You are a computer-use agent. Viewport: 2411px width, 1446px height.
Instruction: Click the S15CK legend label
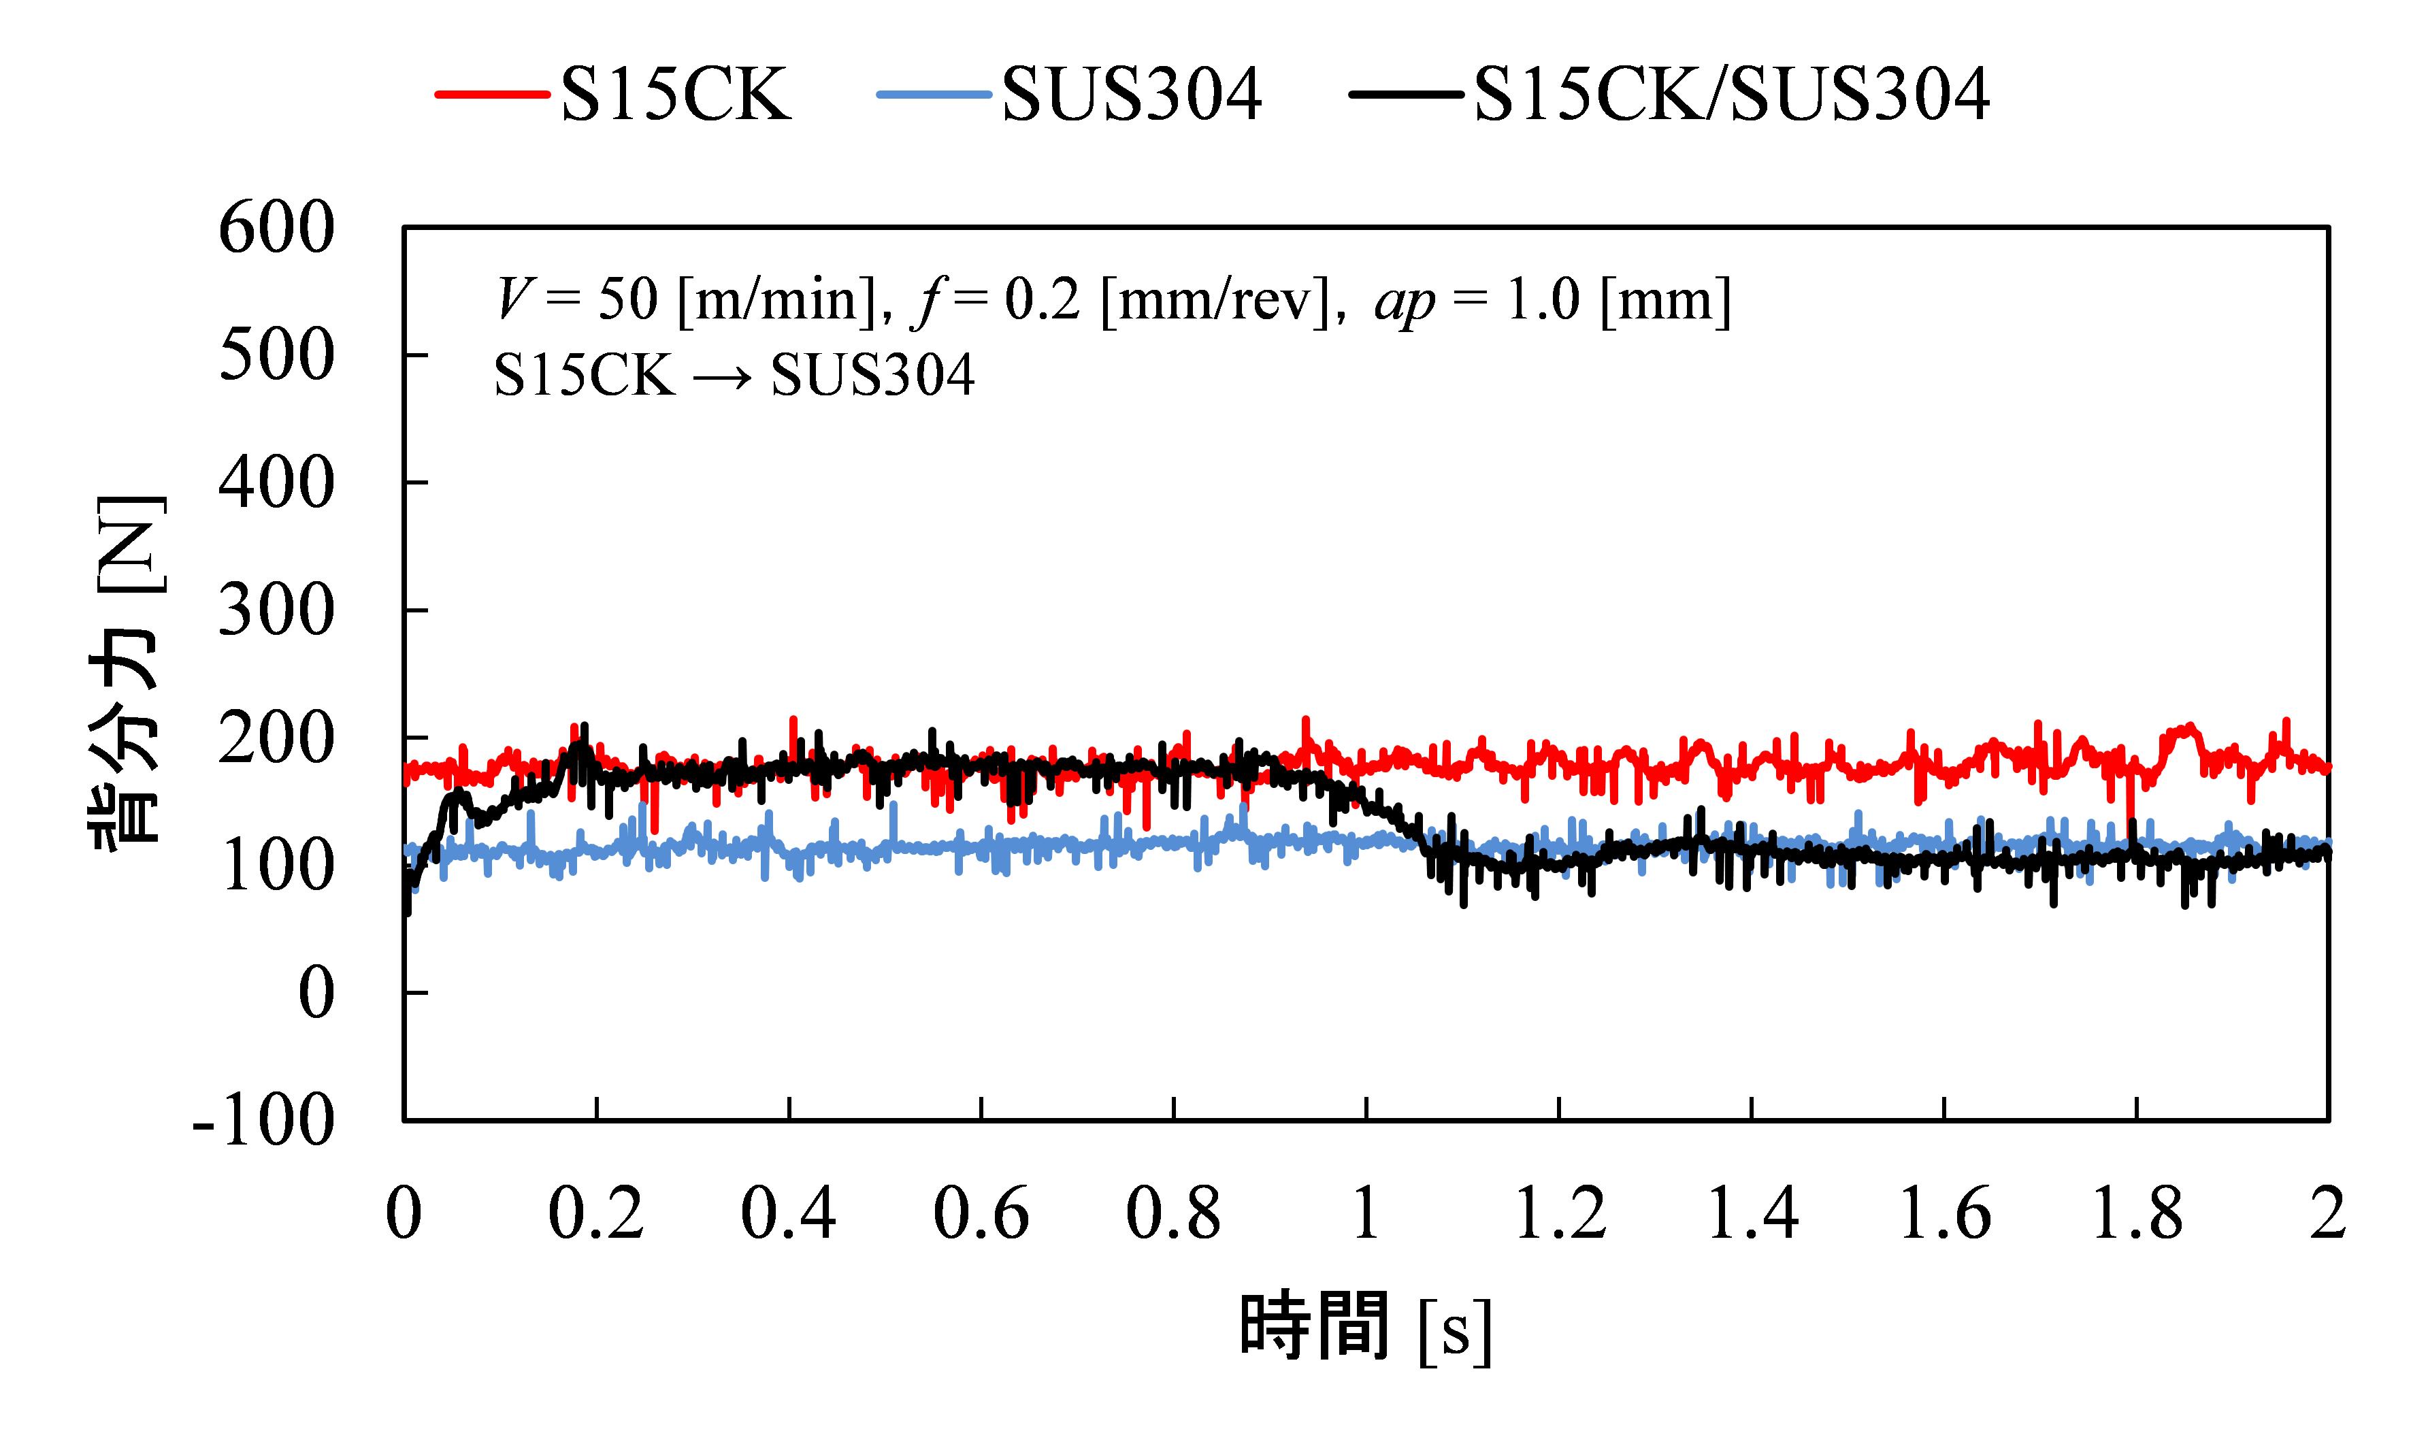click(x=676, y=95)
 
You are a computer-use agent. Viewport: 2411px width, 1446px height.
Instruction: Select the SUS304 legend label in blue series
click(x=1132, y=95)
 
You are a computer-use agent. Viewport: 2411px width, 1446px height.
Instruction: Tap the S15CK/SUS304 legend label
click(x=1731, y=95)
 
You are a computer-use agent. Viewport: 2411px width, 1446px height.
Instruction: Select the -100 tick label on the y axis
click(x=264, y=1121)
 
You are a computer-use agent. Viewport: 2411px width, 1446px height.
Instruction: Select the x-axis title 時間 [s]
click(x=1365, y=1327)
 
